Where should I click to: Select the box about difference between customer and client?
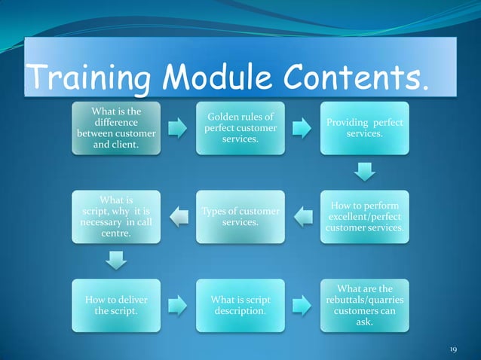click(116, 128)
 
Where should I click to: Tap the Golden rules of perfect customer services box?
click(240, 128)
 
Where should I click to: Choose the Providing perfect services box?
click(365, 128)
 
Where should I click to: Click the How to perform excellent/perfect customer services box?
click(365, 217)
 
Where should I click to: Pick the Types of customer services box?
click(240, 217)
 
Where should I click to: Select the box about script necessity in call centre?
click(116, 217)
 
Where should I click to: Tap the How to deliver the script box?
click(116, 305)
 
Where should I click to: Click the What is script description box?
click(240, 305)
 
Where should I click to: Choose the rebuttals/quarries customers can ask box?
click(365, 305)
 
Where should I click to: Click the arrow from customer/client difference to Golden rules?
click(178, 128)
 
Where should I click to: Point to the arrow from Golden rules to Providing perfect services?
click(302, 128)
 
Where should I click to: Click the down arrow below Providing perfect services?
click(365, 172)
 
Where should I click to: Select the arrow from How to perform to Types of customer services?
click(302, 217)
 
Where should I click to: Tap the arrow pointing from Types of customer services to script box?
click(178, 217)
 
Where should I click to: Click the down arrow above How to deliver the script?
click(116, 261)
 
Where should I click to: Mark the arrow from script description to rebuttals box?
click(302, 305)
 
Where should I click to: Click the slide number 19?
click(453, 349)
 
